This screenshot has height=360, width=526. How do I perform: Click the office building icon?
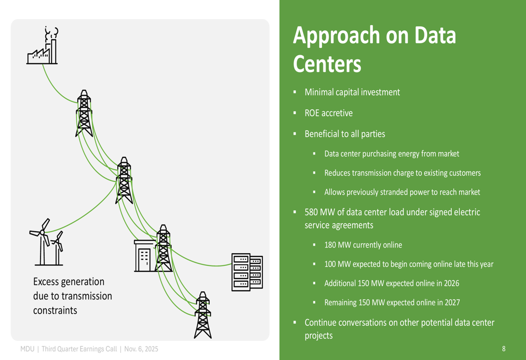(x=144, y=256)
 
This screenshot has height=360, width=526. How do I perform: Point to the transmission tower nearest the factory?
(x=84, y=114)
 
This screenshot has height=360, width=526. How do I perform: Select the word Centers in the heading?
(x=327, y=64)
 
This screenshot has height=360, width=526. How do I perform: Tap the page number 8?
(x=503, y=348)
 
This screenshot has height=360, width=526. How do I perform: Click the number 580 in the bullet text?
(x=312, y=213)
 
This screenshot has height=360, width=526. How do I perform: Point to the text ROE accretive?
(x=328, y=113)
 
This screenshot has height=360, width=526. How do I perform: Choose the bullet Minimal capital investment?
(x=352, y=92)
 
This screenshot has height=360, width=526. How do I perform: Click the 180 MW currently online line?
(x=363, y=245)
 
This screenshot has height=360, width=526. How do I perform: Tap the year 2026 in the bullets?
(x=450, y=283)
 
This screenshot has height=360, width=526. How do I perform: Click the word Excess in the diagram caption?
(x=47, y=282)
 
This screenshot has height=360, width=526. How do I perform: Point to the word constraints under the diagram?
(x=55, y=310)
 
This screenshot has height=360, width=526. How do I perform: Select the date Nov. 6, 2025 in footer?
(x=140, y=349)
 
